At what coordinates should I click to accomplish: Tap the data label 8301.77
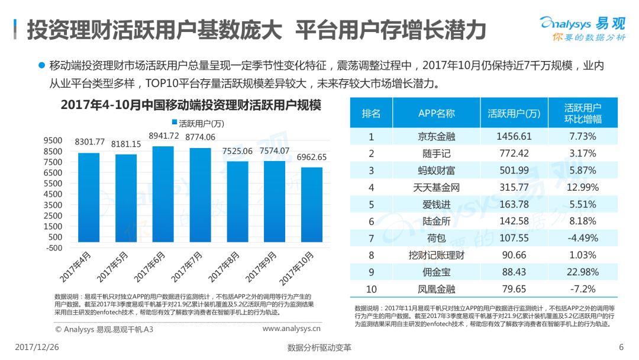tap(89, 142)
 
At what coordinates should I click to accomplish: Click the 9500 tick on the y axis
tap(53, 140)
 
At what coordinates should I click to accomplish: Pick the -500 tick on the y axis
tap(53, 247)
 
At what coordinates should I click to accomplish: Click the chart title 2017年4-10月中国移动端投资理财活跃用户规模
tap(191, 105)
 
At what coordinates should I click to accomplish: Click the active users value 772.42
tap(514, 153)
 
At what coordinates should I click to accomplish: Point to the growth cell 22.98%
tap(583, 272)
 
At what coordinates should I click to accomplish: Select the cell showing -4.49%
tap(583, 239)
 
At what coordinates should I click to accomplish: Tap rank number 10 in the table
tap(372, 290)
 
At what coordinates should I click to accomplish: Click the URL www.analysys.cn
tap(291, 328)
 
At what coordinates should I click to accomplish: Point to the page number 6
tap(621, 347)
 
